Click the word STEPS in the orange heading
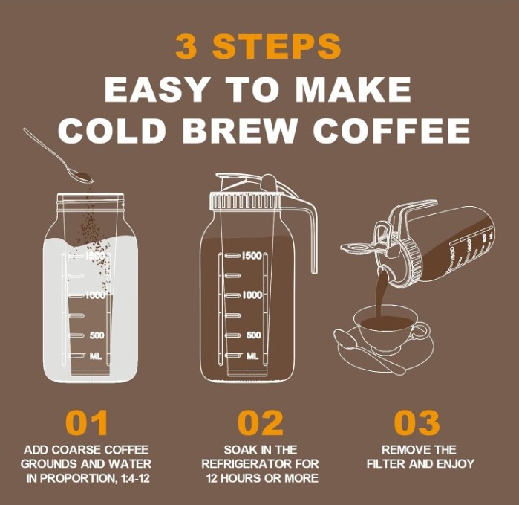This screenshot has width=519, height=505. [277, 46]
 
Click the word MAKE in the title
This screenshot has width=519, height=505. [353, 89]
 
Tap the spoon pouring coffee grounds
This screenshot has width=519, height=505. [58, 155]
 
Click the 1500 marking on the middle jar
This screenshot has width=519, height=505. [252, 256]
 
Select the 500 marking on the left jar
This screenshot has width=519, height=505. [97, 335]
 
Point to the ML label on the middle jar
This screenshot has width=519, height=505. [252, 356]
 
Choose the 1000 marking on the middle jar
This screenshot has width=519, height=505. [252, 295]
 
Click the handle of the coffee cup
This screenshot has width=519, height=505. [421, 331]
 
